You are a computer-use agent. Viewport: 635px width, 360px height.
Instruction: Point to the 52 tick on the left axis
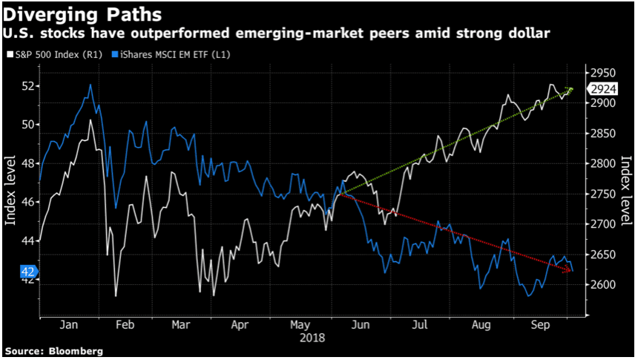tap(27, 86)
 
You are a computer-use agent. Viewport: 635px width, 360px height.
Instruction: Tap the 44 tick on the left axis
tap(27, 240)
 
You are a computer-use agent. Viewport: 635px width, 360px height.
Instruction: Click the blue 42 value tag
tap(26, 272)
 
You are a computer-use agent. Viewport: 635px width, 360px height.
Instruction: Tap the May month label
tap(299, 325)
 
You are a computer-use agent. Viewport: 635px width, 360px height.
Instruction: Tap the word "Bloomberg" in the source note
tap(76, 350)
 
